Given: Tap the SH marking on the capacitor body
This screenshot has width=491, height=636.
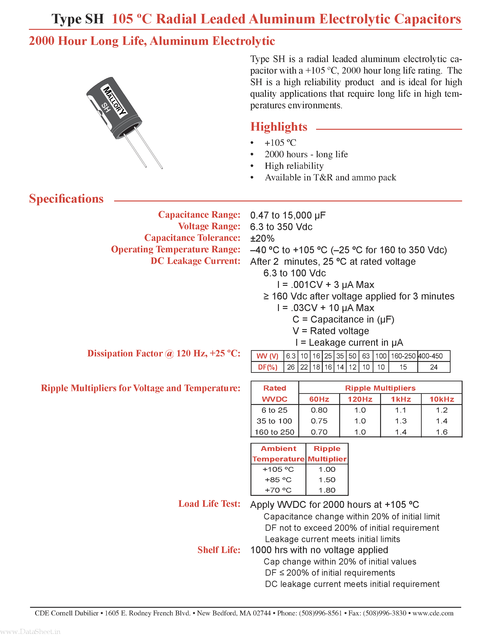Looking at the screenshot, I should [x=106, y=108].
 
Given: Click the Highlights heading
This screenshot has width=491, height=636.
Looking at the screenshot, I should [x=279, y=127].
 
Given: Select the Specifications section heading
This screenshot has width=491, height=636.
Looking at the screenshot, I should [x=66, y=199].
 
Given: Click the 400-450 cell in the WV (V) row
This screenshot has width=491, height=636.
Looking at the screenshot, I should [x=430, y=356].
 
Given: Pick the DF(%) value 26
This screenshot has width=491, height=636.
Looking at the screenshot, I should [x=291, y=367].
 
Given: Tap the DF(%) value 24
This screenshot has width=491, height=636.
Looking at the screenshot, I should [x=433, y=367].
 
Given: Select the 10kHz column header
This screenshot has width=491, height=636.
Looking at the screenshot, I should [x=442, y=399].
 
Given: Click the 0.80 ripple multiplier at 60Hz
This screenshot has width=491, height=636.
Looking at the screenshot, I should [x=319, y=410].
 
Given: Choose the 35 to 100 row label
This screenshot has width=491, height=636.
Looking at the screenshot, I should [x=274, y=421].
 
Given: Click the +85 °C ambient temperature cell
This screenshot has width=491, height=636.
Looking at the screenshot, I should [x=278, y=480].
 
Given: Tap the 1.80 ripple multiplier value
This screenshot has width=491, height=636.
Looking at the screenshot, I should [x=327, y=490].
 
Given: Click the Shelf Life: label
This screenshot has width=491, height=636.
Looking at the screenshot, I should [x=219, y=550].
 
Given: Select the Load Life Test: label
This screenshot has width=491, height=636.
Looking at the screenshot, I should [x=209, y=504].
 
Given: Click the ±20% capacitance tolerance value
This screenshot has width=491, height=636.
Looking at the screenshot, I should [x=262, y=238].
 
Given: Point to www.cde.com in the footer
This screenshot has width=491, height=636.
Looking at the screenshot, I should [x=433, y=613].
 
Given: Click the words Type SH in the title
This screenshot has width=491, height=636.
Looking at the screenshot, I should [x=78, y=19].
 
